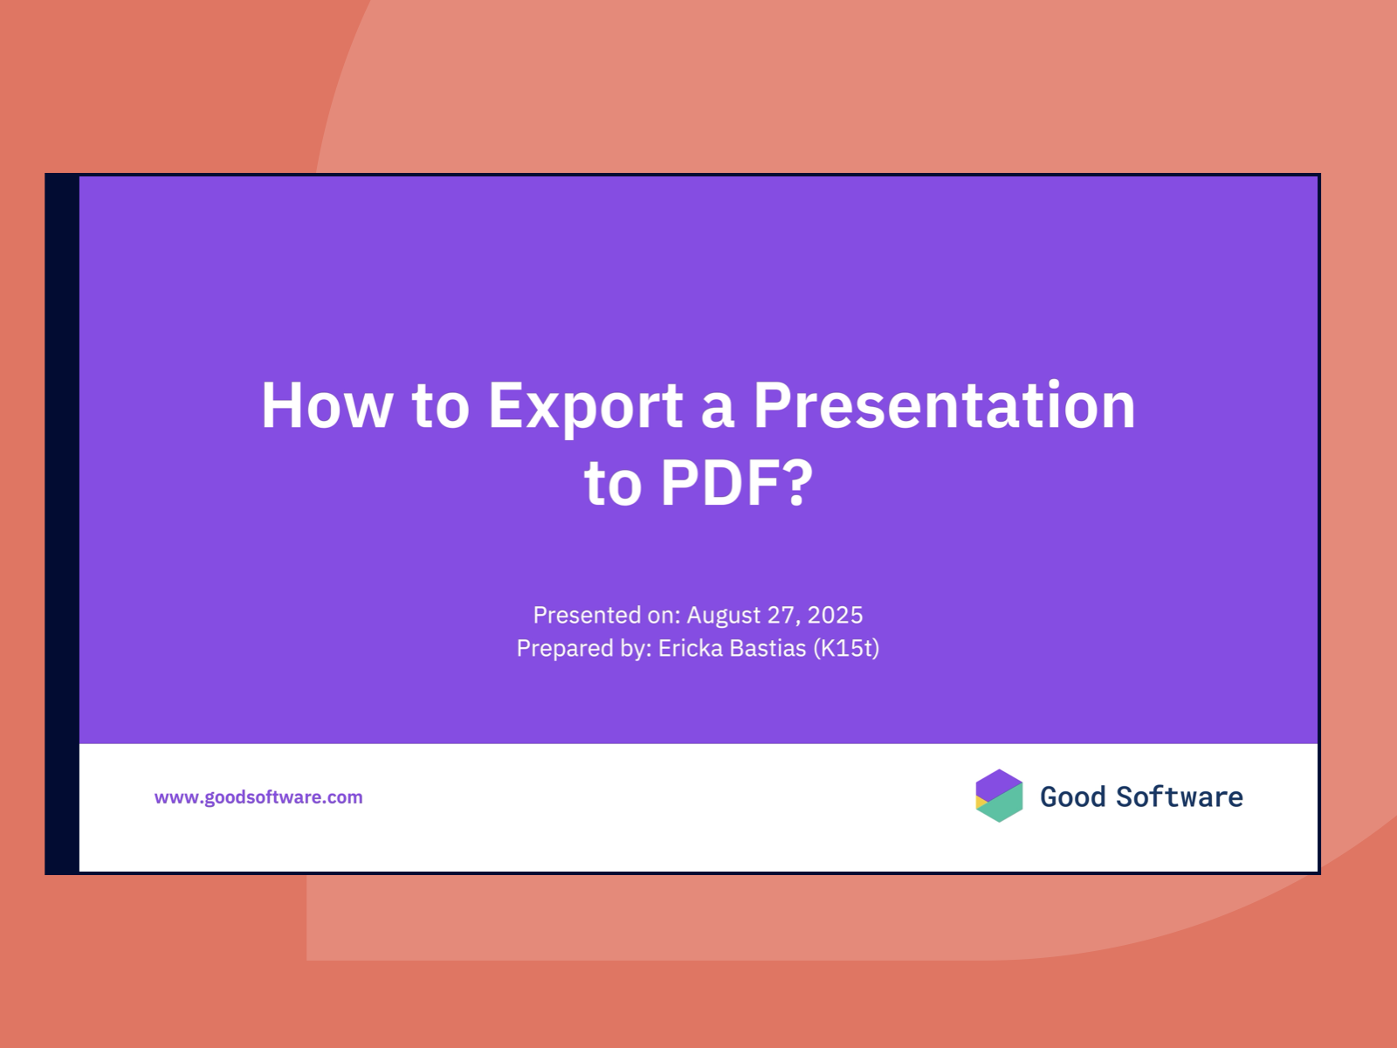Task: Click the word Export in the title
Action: click(x=585, y=406)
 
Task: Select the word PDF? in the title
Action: click(x=737, y=482)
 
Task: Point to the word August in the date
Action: click(x=724, y=616)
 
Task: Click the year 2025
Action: click(x=835, y=616)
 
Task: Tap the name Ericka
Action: click(x=691, y=648)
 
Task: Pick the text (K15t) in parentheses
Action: click(x=846, y=648)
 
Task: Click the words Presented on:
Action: click(x=607, y=616)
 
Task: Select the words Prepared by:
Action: click(x=584, y=648)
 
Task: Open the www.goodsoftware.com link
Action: click(x=258, y=797)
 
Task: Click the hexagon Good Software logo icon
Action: click(x=999, y=796)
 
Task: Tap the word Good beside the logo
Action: click(x=1073, y=797)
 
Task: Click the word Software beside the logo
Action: click(x=1180, y=797)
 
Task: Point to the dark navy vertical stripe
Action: click(x=63, y=524)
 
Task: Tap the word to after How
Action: click(x=441, y=406)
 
